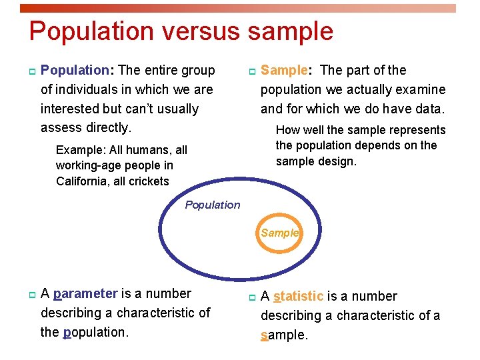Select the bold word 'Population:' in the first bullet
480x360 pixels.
(x=75, y=70)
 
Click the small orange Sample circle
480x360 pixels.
(x=280, y=233)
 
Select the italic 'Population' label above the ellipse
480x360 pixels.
(x=212, y=205)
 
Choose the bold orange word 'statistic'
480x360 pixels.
(x=299, y=296)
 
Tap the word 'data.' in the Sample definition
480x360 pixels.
(x=429, y=109)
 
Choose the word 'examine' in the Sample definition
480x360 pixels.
(x=423, y=89)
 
